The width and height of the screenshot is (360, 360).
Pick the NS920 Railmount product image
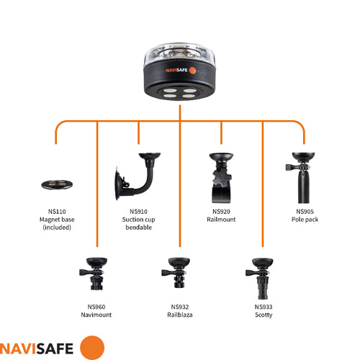pyautogui.click(x=221, y=175)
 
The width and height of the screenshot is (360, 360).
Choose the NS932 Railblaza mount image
pyautogui.click(x=180, y=272)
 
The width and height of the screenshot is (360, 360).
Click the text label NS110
pyautogui.click(x=55, y=212)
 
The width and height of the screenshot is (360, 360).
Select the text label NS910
pyautogui.click(x=139, y=212)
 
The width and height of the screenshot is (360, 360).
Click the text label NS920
pyautogui.click(x=221, y=212)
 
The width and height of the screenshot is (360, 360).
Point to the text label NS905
pyautogui.click(x=305, y=212)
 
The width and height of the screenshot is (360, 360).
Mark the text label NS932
pyautogui.click(x=180, y=307)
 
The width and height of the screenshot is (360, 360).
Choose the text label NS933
pyautogui.click(x=264, y=307)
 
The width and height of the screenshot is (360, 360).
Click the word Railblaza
pyautogui.click(x=180, y=315)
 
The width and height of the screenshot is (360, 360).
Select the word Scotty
pyautogui.click(x=264, y=315)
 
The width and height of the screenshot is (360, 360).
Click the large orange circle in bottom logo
pyautogui.click(x=92, y=347)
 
